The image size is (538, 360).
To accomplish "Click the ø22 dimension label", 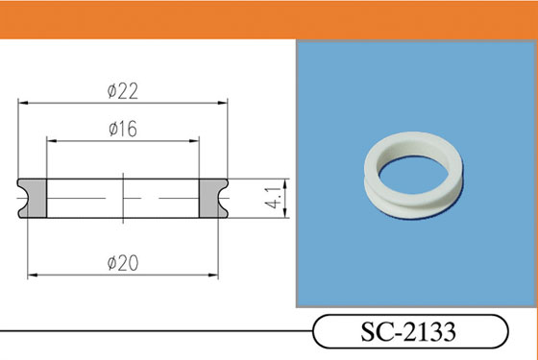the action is pyautogui.click(x=123, y=91).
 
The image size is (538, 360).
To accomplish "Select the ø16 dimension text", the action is pyautogui.click(x=123, y=129).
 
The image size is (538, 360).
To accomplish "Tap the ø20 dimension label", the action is pyautogui.click(x=123, y=263).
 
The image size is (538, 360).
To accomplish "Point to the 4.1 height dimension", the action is pyautogui.click(x=273, y=198).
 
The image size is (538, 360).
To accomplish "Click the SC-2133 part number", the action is pyautogui.click(x=408, y=331).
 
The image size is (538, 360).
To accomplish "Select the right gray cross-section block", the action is pyautogui.click(x=211, y=198).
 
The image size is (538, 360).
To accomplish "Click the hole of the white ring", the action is pyautogui.click(x=413, y=175).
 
